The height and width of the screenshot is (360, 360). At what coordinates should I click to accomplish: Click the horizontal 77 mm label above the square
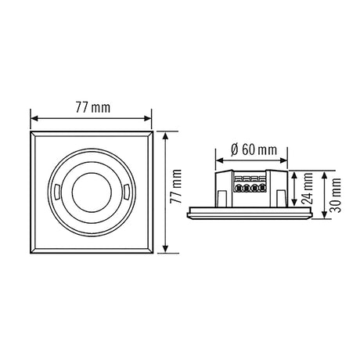pos(93,107)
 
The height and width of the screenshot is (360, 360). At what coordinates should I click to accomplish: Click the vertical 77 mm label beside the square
pos(175,186)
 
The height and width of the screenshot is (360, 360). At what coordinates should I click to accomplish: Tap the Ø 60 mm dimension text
pos(254,150)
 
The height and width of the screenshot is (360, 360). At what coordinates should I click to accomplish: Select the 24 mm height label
pos(308,188)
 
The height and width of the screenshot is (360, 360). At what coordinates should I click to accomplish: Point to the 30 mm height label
pos(336,196)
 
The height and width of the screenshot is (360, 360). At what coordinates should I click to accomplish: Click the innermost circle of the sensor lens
pos(92,193)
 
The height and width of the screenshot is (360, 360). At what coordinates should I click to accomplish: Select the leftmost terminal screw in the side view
pos(239,188)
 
